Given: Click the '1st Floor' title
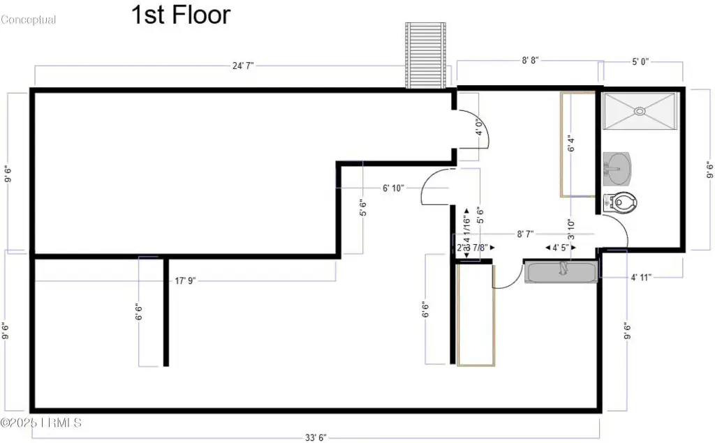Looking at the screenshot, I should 181,15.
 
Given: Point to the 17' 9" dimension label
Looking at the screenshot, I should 185,280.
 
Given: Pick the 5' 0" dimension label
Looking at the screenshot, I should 640,61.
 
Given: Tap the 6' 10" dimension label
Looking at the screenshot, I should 393,188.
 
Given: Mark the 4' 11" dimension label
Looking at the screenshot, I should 640,277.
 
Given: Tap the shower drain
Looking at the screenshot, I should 639,110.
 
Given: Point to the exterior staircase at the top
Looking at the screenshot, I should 426,55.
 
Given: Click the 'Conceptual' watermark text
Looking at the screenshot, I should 29,20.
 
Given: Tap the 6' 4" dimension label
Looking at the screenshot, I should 570,144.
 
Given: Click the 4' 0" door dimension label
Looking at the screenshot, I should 478,128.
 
